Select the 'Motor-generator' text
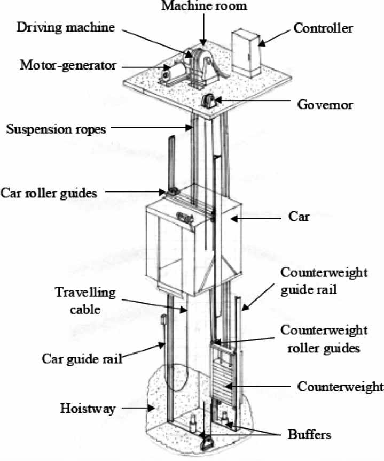(68, 66)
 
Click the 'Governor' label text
(325, 105)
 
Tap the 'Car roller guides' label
(49, 193)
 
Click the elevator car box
(192, 238)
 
